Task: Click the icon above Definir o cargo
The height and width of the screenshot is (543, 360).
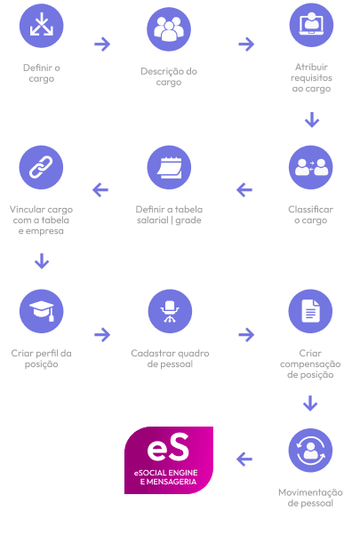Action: coord(41,26)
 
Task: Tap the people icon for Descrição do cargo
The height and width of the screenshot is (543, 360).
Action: coord(169,29)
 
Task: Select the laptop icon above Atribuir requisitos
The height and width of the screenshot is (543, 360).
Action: coord(311,25)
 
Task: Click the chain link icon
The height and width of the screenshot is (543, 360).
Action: coord(41,167)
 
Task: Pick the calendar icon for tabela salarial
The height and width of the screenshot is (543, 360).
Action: coord(169,167)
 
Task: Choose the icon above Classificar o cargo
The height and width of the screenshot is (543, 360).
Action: coord(311,167)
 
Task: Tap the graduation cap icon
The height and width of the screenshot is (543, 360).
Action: coord(41,311)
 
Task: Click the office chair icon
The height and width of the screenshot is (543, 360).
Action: coord(170,311)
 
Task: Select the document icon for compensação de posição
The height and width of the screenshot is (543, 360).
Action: coord(310,311)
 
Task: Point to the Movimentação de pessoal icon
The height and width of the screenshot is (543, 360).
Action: coord(310,451)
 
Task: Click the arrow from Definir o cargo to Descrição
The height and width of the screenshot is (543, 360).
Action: coord(102,44)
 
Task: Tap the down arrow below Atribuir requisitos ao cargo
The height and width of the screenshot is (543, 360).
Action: coord(312,120)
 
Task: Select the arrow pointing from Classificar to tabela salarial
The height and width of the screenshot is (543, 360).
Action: coord(244,190)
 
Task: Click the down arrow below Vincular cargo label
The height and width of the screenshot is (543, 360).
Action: coord(42,261)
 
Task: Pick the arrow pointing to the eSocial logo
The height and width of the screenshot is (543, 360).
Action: coord(244,459)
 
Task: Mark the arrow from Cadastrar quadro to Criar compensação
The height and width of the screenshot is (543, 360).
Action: coord(246,334)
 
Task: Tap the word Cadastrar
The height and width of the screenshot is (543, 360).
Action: coord(151,353)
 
